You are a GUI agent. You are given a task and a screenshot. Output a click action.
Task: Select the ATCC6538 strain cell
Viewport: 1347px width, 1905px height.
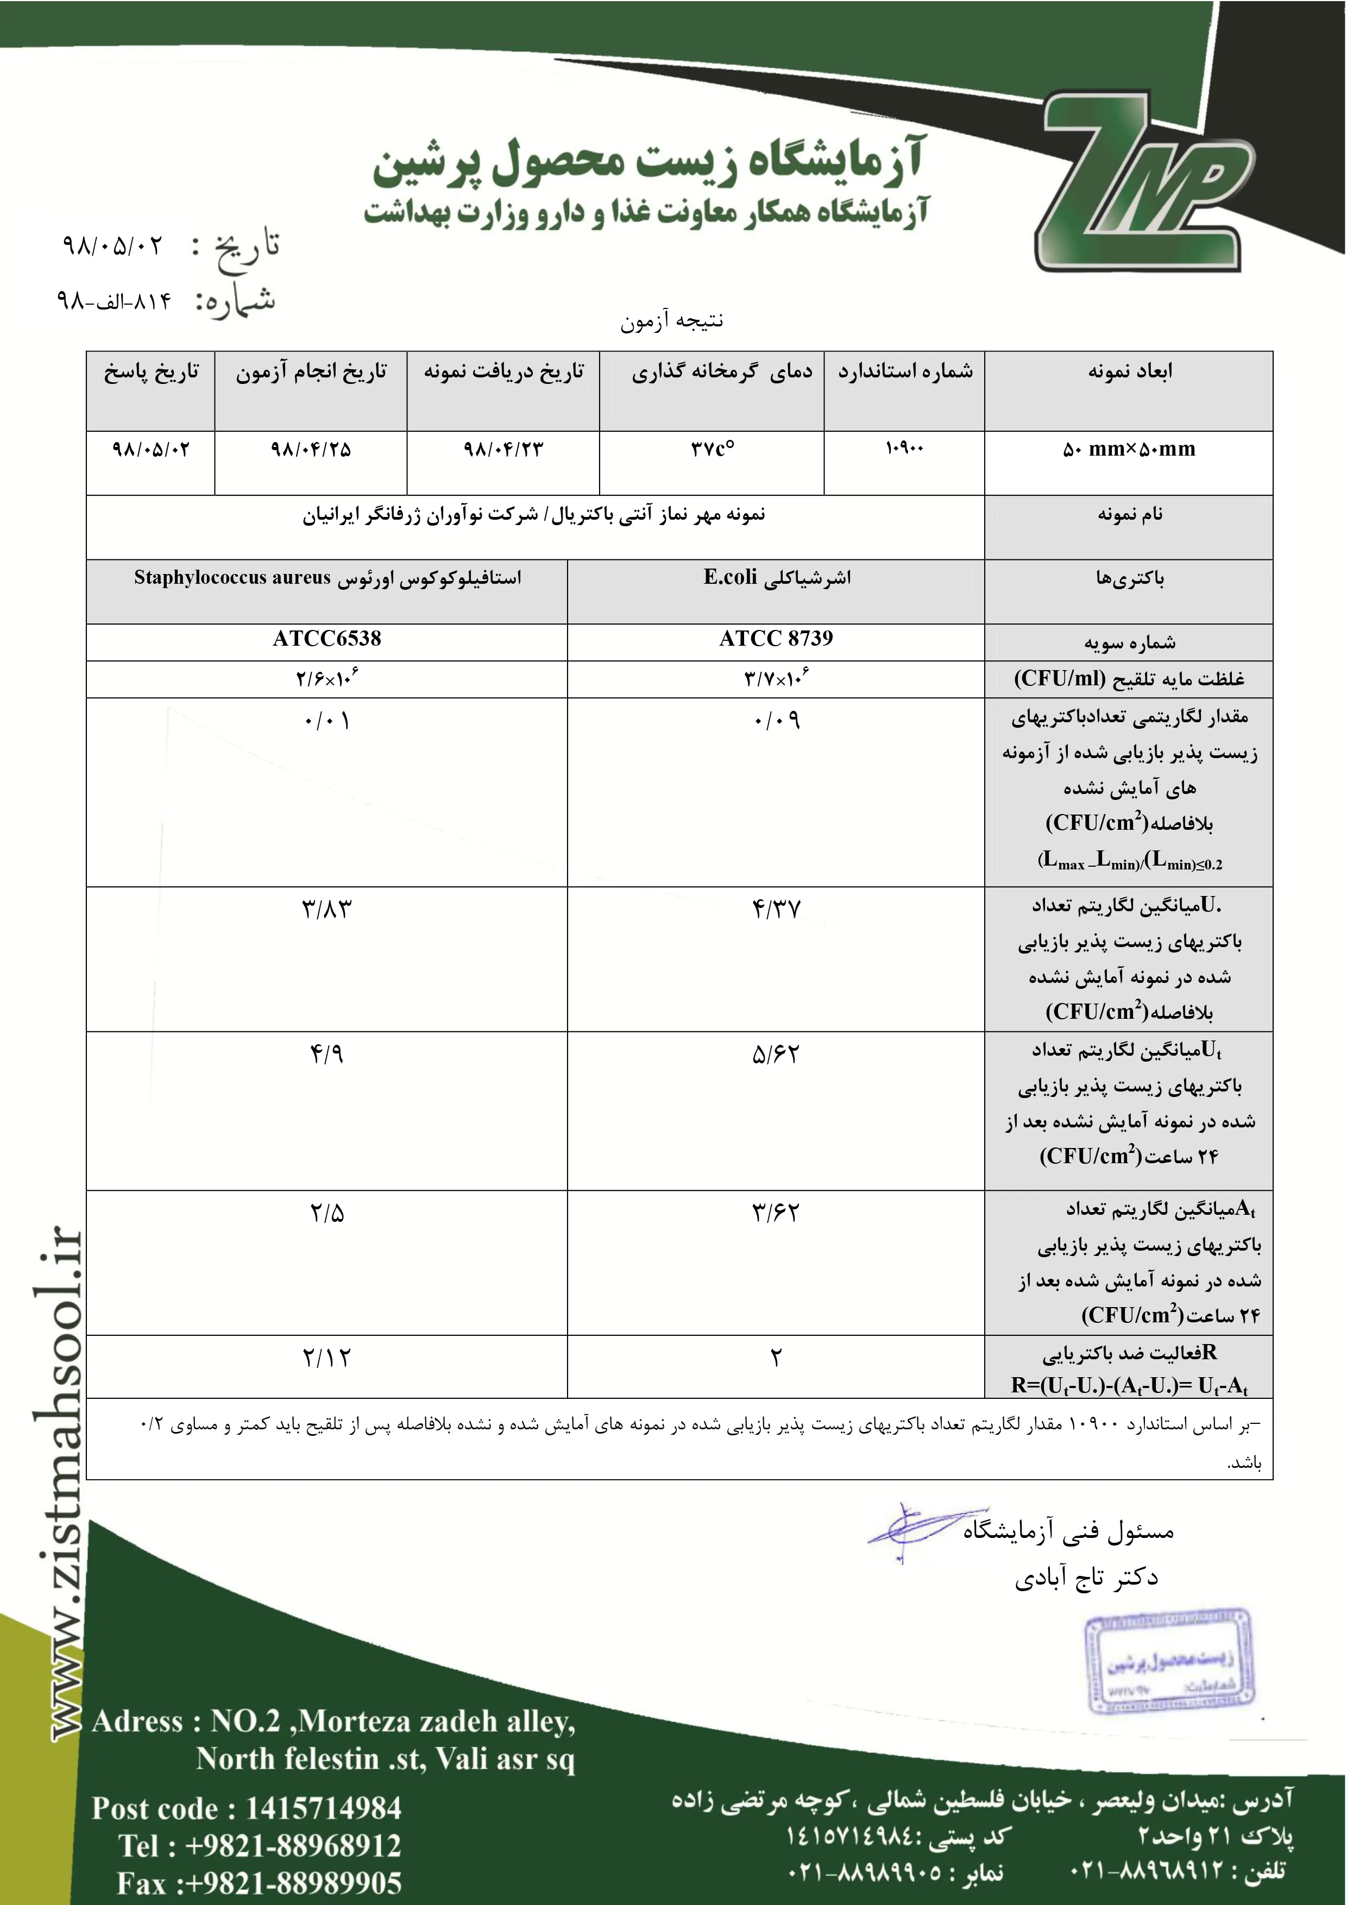pyautogui.click(x=327, y=639)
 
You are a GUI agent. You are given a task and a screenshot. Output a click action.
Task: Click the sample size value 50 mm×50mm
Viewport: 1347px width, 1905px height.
pyautogui.click(x=1129, y=450)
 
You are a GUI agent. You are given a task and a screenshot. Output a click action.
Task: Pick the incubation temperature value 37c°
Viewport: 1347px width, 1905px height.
pyautogui.click(x=712, y=450)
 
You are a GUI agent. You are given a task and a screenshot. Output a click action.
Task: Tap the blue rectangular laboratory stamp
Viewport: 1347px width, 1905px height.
pyautogui.click(x=1170, y=1663)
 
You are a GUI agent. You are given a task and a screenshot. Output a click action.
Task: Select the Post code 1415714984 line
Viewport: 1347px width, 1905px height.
pyautogui.click(x=247, y=1808)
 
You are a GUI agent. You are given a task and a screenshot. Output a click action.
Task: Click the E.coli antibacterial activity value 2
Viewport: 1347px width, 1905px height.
pyautogui.click(x=776, y=1358)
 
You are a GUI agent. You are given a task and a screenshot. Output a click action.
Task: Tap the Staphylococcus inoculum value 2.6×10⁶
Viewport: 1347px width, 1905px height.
pyautogui.click(x=327, y=679)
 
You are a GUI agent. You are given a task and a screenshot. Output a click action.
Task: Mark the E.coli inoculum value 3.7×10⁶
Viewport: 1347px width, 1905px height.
pyautogui.click(x=776, y=679)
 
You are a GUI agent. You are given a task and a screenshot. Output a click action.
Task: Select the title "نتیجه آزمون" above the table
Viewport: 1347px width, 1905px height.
pyautogui.click(x=672, y=320)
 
